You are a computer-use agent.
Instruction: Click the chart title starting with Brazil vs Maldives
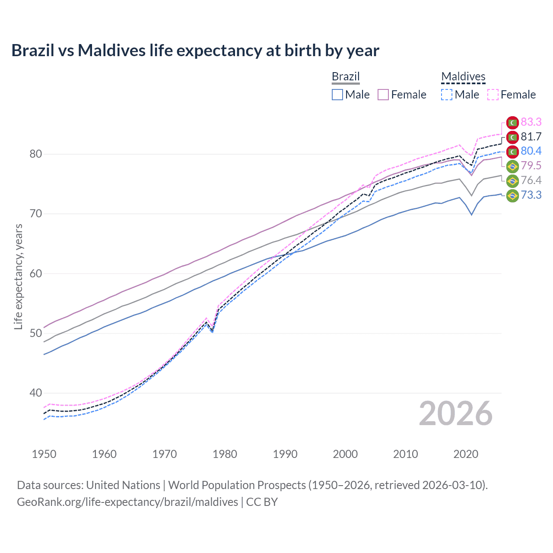tap(195, 51)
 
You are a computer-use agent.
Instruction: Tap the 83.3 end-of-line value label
tap(531, 122)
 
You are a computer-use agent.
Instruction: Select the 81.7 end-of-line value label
tap(531, 137)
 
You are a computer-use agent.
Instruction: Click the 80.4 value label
tap(531, 151)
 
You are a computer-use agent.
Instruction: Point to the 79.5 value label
tap(531, 166)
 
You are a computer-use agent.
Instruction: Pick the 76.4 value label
tap(531, 181)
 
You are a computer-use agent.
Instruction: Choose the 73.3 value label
tap(531, 195)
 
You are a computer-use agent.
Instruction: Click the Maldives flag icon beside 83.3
tap(512, 123)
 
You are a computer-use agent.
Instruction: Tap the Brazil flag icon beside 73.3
tap(512, 196)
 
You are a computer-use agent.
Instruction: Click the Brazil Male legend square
tap(337, 95)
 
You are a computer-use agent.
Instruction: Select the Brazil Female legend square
tap(383, 95)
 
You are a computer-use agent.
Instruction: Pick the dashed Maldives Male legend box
tap(447, 95)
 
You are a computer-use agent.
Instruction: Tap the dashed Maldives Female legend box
tap(493, 95)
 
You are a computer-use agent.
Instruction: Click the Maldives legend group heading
tap(463, 77)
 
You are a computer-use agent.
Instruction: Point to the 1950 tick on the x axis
tap(44, 454)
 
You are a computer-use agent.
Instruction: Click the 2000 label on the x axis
tap(345, 454)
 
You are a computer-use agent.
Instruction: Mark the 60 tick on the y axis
tap(36, 273)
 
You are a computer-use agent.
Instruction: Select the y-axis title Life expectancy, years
tap(18, 276)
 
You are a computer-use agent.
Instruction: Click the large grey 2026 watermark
tap(456, 413)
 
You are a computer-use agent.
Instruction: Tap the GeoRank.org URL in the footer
tap(127, 502)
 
